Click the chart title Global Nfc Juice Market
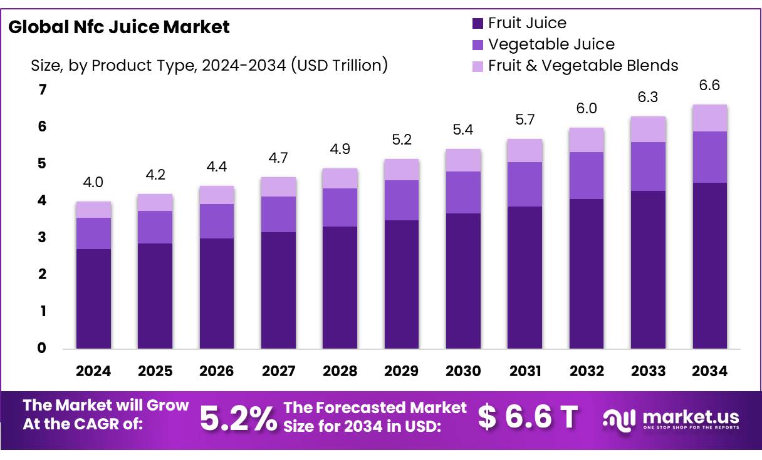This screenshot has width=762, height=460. [x=119, y=27]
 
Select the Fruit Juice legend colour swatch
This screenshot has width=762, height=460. [x=478, y=24]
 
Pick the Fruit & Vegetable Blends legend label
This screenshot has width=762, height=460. [x=583, y=65]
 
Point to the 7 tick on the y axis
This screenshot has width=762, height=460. [x=43, y=90]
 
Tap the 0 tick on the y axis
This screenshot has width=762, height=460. [x=43, y=348]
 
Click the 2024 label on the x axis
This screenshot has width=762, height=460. [x=93, y=371]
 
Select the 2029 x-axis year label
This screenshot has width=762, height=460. [x=402, y=371]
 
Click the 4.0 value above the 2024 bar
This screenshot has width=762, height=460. [x=93, y=182]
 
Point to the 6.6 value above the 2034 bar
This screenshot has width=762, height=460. [x=709, y=86]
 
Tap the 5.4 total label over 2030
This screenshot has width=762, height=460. [x=463, y=130]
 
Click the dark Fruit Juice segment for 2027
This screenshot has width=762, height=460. [x=278, y=290]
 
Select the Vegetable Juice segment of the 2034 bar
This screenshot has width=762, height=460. [x=709, y=157]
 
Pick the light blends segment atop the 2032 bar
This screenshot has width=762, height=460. [x=587, y=140]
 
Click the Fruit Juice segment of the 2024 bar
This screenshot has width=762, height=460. [x=93, y=299]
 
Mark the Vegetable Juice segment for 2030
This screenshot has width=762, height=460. [x=463, y=192]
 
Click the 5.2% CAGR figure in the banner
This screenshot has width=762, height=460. [x=238, y=418]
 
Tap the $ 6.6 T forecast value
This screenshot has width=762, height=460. [x=527, y=417]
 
